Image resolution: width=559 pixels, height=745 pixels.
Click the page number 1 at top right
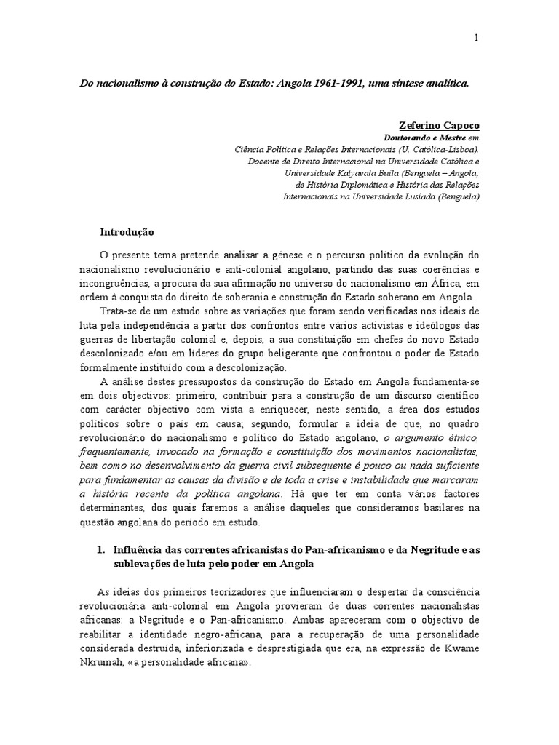(476, 39)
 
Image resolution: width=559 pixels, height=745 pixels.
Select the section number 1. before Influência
(101, 550)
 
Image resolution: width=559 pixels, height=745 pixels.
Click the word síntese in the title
(395, 82)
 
